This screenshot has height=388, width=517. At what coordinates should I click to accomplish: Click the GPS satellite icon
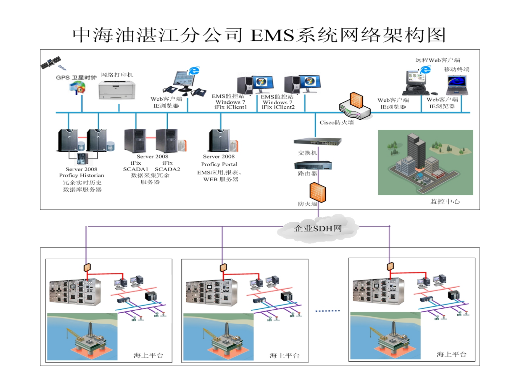[51, 62]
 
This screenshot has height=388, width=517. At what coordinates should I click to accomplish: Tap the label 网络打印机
[117, 75]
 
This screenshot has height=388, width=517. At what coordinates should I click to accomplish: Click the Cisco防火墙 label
[337, 122]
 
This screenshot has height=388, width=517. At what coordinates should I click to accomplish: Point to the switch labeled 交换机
[317, 142]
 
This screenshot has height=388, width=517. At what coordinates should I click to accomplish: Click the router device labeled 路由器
[313, 165]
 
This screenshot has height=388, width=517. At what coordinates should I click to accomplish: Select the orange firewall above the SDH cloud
[318, 192]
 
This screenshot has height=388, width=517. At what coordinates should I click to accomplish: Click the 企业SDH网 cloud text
[318, 228]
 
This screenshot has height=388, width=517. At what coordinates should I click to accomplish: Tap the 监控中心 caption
[445, 201]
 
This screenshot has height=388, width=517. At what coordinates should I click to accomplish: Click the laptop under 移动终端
[457, 85]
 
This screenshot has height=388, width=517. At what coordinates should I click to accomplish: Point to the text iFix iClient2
[278, 107]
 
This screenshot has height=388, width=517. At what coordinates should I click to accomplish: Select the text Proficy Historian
[81, 175]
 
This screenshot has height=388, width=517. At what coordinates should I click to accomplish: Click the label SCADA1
[136, 169]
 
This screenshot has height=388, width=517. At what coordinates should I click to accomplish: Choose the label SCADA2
[167, 169]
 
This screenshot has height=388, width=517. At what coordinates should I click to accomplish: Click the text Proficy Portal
[219, 164]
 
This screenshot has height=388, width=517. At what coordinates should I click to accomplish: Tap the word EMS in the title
[272, 35]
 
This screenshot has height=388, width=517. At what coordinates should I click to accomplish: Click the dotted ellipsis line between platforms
[327, 311]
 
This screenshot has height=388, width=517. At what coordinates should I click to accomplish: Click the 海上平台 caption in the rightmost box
[452, 354]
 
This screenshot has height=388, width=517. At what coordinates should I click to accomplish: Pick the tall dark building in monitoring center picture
[416, 150]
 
